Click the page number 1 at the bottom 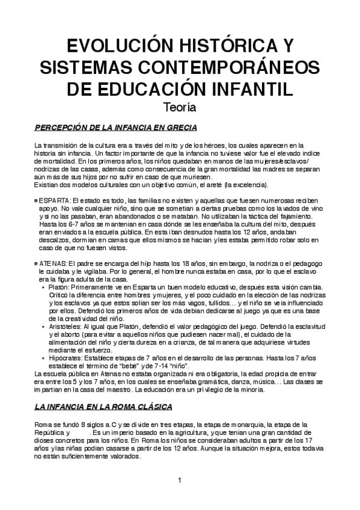(x=180, y=480)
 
